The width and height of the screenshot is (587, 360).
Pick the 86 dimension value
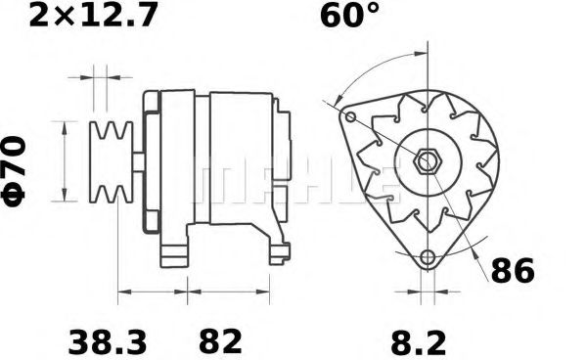point(512,271)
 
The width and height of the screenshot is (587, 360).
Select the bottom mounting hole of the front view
point(427,258)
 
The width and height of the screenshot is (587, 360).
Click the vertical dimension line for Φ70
point(66,161)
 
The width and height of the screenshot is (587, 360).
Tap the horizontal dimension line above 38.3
point(152,292)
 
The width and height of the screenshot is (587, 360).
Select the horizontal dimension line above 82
point(235,292)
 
